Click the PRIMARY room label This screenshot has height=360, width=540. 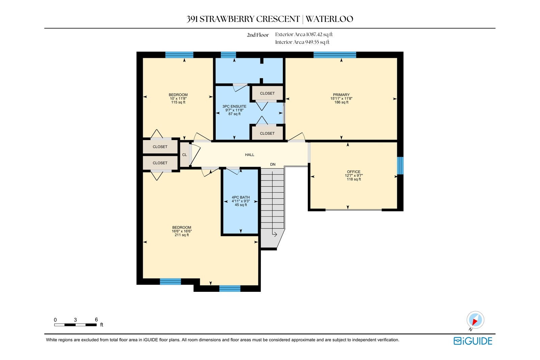(x=341, y=95)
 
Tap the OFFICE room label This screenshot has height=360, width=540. (x=354, y=172)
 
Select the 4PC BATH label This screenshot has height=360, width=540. (x=241, y=197)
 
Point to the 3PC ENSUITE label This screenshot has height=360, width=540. (x=234, y=106)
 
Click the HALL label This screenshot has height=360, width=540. (x=249, y=155)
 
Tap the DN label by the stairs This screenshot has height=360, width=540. (x=273, y=164)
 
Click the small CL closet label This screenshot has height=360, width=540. (x=184, y=155)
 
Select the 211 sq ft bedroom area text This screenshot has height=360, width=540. (x=182, y=235)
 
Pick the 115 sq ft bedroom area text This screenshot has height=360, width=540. (x=178, y=102)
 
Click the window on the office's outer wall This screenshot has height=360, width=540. (x=400, y=166)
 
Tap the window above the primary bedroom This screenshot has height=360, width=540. (x=334, y=55)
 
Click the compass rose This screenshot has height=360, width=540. (x=475, y=320)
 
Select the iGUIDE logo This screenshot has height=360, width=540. (x=473, y=341)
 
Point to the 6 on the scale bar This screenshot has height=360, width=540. (x=96, y=320)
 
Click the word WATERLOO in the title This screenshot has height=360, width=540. (x=329, y=19)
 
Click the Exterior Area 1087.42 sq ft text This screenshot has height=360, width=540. (x=304, y=34)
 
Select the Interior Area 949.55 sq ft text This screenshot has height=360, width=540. (x=302, y=42)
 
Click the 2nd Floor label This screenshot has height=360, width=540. (x=258, y=35)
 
